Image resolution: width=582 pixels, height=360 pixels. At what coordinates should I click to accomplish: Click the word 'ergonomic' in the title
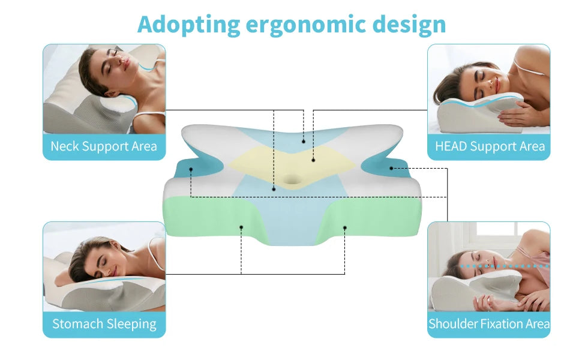click(x=305, y=25)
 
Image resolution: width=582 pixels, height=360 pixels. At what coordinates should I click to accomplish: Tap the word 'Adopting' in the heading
click(x=188, y=25)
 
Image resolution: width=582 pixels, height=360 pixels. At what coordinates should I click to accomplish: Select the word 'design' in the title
click(x=409, y=25)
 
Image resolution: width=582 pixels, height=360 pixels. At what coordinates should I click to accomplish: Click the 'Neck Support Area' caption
click(x=104, y=146)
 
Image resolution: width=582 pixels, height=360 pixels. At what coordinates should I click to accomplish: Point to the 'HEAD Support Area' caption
click(x=490, y=146)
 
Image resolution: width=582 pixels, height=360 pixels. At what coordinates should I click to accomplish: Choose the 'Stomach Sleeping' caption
click(x=104, y=324)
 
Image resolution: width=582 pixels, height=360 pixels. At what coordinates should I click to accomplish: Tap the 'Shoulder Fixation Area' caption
click(x=489, y=323)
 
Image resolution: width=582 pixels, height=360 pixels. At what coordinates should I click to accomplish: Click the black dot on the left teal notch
click(x=191, y=169)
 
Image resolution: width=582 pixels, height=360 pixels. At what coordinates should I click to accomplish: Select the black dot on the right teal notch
click(x=391, y=168)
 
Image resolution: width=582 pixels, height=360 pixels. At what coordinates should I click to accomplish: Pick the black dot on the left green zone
click(x=241, y=227)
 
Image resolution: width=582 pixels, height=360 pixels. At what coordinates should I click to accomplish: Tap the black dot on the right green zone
click(x=345, y=227)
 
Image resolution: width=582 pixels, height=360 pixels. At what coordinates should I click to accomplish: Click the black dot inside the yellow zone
click(x=313, y=160)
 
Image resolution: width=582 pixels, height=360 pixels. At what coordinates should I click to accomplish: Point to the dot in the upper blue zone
click(x=304, y=142)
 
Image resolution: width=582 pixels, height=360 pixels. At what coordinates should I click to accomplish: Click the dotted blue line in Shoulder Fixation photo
click(x=505, y=266)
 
